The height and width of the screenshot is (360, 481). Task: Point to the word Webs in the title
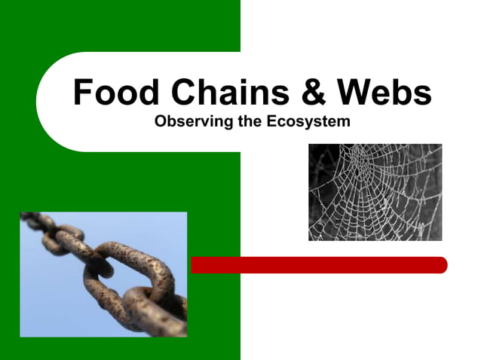pyautogui.click(x=384, y=93)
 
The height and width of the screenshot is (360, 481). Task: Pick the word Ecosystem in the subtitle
pyautogui.click(x=310, y=121)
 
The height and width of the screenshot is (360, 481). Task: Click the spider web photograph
pyautogui.click(x=375, y=192)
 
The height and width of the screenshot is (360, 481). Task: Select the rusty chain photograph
pyautogui.click(x=103, y=274)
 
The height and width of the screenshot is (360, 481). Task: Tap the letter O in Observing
pyautogui.click(x=158, y=121)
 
